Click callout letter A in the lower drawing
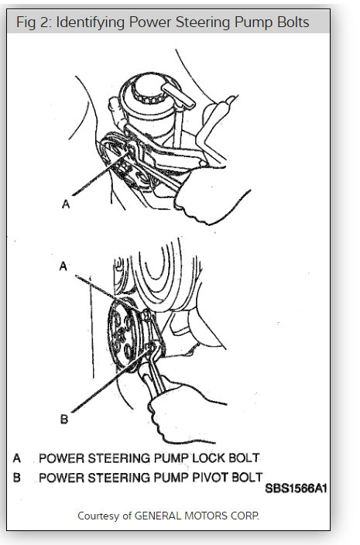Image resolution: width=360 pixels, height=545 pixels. (x=64, y=266)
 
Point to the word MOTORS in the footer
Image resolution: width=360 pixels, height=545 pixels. (x=207, y=515)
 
